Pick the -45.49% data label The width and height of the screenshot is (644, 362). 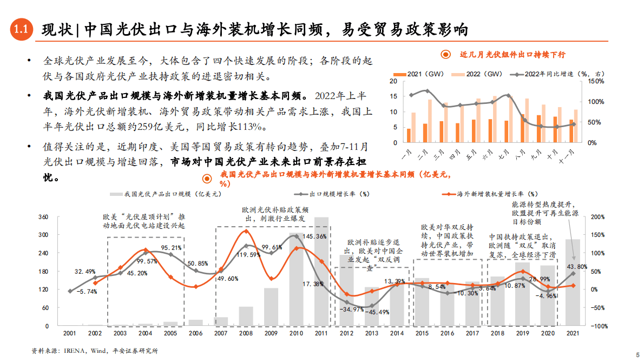(x=377, y=312)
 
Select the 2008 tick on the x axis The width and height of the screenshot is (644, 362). (x=246, y=334)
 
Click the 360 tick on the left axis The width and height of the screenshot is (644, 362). (x=43, y=217)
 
